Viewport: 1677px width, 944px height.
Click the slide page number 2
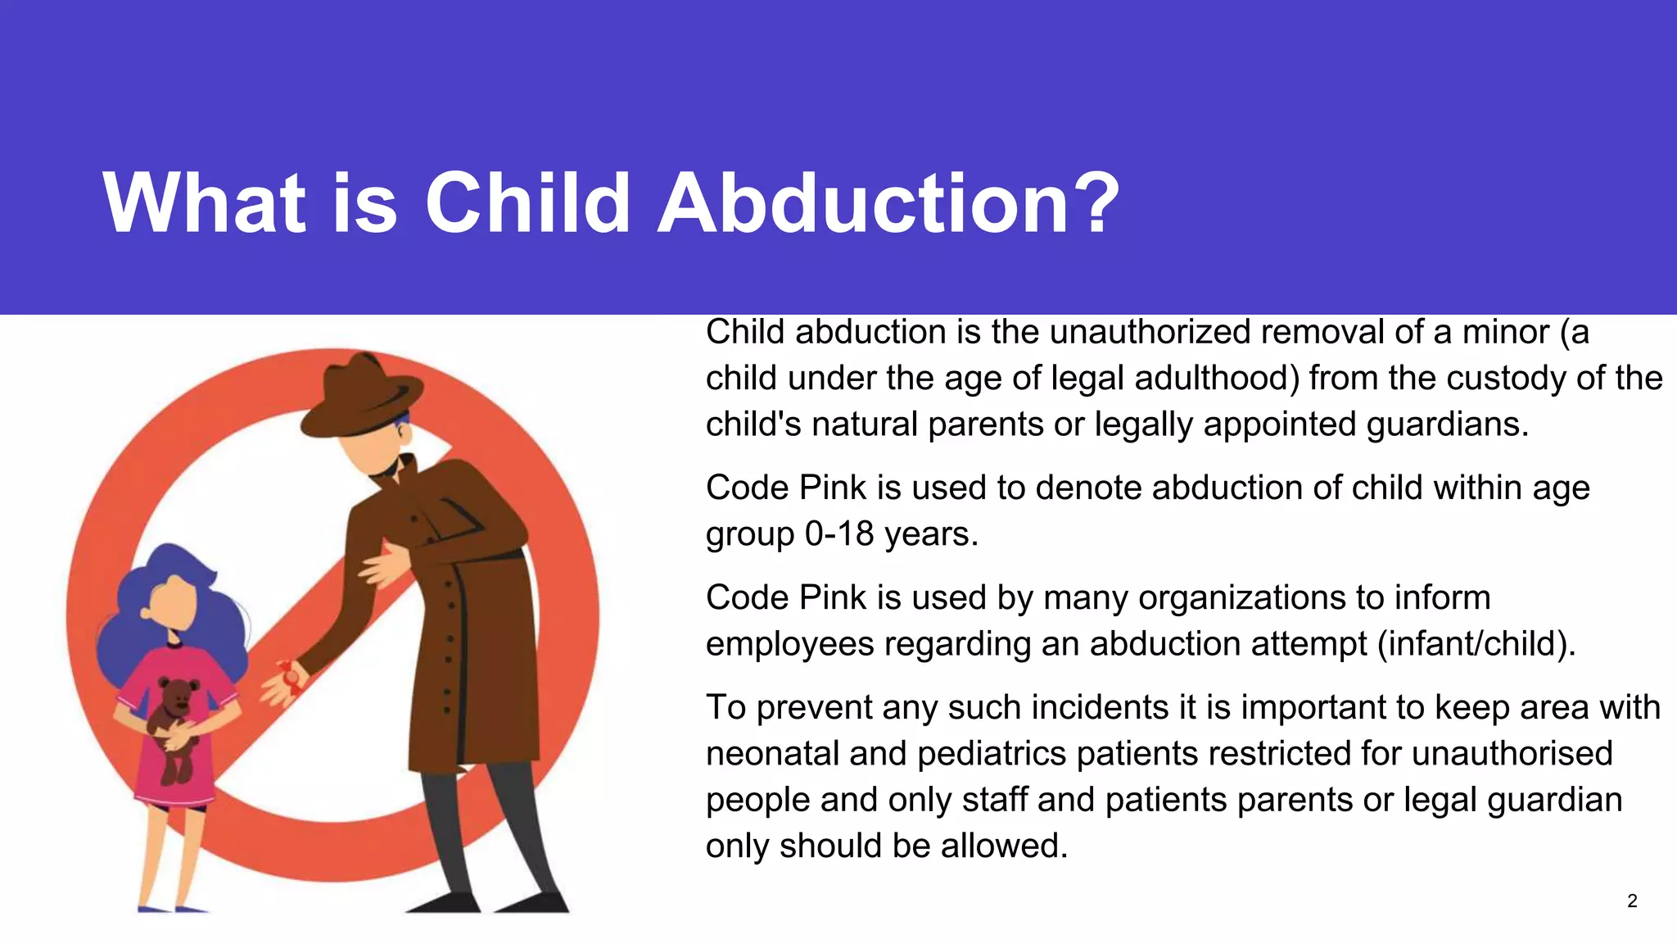coord(1632,901)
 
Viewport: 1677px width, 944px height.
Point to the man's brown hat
coord(360,397)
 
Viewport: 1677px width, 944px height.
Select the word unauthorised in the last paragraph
coord(1512,754)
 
